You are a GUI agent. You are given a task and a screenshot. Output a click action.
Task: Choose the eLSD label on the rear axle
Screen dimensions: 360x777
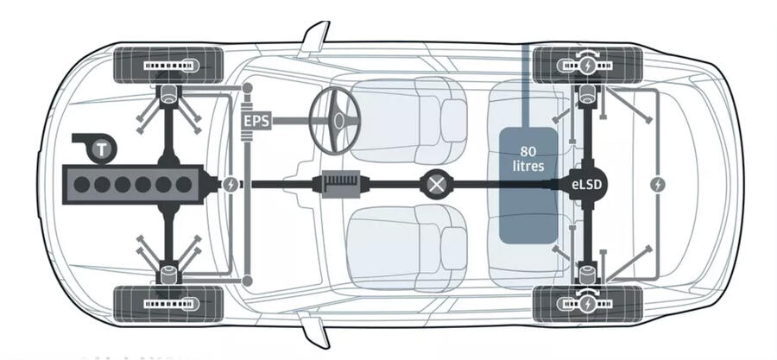click(x=588, y=184)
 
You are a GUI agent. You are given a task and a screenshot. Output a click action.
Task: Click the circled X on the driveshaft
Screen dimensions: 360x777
click(x=435, y=184)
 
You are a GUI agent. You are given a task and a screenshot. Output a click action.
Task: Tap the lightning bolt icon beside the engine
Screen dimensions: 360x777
click(x=231, y=184)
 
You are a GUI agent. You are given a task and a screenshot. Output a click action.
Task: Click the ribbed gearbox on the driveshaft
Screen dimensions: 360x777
click(x=345, y=184)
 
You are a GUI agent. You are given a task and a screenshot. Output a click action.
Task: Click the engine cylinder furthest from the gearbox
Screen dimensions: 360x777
click(x=83, y=184)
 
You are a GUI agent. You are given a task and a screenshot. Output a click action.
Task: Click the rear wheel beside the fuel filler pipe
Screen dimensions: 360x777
click(x=588, y=64)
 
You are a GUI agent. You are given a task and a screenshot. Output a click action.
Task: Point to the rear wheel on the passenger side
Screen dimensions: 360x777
click(x=588, y=302)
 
